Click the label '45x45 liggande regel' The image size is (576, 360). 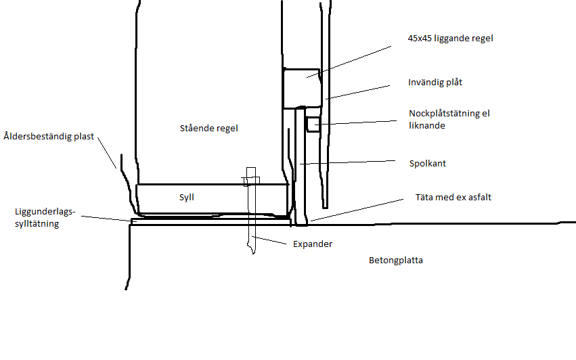pyautogui.click(x=450, y=39)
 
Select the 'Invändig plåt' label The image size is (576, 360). pyautogui.click(x=435, y=83)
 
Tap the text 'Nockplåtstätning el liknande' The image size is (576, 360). pyautogui.click(x=449, y=119)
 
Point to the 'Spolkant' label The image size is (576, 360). pyautogui.click(x=428, y=164)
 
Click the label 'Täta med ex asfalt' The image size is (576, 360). pyautogui.click(x=453, y=198)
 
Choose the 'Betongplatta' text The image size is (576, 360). pyautogui.click(x=396, y=261)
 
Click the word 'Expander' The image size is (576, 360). pyautogui.click(x=313, y=244)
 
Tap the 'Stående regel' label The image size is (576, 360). pyautogui.click(x=208, y=128)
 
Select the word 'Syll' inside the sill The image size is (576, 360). pyautogui.click(x=187, y=198)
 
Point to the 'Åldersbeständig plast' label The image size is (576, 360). pyautogui.click(x=49, y=136)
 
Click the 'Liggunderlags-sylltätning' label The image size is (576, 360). pyautogui.click(x=45, y=217)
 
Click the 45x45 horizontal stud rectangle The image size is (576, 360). pyautogui.click(x=302, y=88)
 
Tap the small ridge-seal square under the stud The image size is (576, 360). pyautogui.click(x=313, y=124)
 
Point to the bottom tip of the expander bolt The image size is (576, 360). pyautogui.click(x=253, y=253)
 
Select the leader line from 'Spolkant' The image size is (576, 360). pyautogui.click(x=347, y=162)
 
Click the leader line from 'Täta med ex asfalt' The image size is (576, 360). pyautogui.click(x=357, y=210)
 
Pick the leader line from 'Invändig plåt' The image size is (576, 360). pyautogui.click(x=357, y=92)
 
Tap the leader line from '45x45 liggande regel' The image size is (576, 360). pyautogui.click(x=349, y=62)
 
